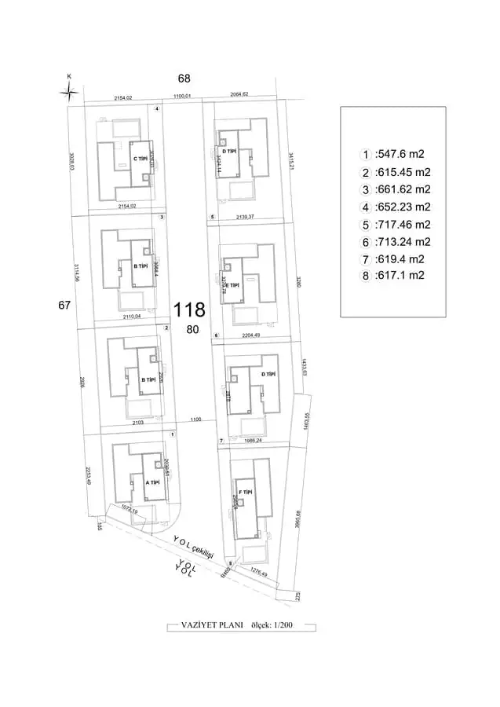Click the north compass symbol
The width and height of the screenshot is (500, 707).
tap(70, 91)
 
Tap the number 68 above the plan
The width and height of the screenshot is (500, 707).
tap(184, 79)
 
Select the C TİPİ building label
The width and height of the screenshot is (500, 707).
tap(141, 159)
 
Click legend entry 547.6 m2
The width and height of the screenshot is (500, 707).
tap(400, 155)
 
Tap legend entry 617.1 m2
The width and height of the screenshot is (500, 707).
tap(400, 276)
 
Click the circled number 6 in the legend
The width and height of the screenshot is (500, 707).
tap(365, 242)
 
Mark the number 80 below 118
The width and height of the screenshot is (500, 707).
tap(192, 330)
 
